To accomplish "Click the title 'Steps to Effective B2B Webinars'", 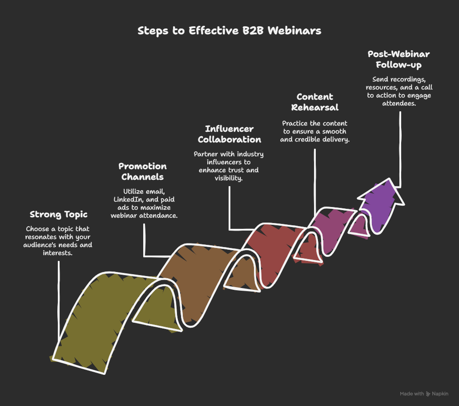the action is point(229,31).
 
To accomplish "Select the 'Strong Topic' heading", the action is point(59,215).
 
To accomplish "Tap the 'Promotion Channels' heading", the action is point(143,172).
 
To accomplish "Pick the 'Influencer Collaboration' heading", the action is point(229,134).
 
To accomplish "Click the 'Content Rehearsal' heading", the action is point(315,102).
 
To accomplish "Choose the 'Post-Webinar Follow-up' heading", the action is point(399,59).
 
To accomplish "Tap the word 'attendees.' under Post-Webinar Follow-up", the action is point(399,103).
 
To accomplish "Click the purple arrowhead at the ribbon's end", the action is point(381,202).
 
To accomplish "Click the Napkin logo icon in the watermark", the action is point(428,394).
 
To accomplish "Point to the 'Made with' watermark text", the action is point(412,394).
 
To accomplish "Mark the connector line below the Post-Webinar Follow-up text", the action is point(400,150).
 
